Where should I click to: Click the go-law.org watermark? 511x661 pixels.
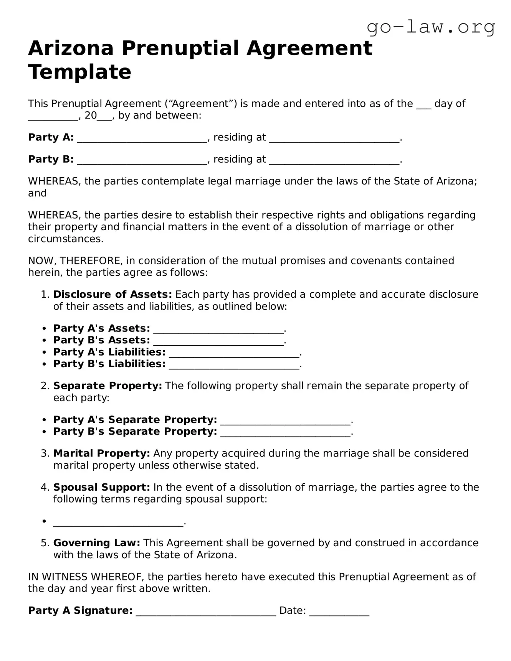point(431,27)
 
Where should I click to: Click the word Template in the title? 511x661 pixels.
point(79,72)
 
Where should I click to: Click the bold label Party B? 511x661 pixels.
point(51,159)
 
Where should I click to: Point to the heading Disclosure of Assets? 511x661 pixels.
point(112,294)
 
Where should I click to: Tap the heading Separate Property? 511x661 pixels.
point(107,386)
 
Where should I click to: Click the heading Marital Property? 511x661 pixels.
point(101,453)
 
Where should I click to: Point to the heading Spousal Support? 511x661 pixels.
point(101,487)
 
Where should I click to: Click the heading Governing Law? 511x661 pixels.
point(97,543)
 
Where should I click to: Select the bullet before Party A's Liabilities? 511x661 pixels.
point(45,353)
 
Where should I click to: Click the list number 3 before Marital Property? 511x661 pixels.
point(45,453)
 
